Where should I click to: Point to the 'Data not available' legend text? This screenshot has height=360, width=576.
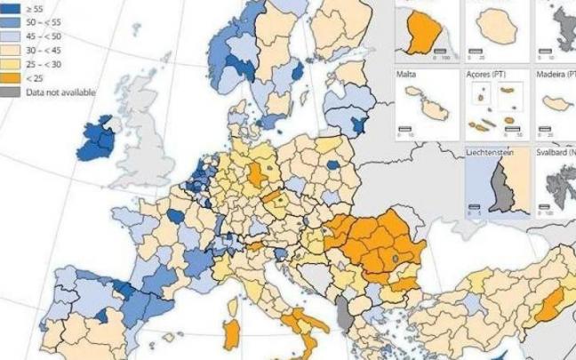click(x=60, y=92)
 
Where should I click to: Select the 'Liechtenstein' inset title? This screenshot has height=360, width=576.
click(x=490, y=154)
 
